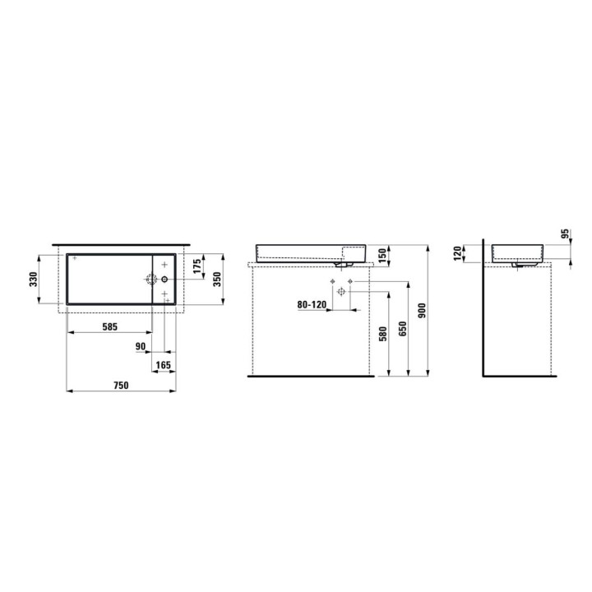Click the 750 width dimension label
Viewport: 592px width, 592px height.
click(121, 385)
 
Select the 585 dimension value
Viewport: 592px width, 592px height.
click(110, 326)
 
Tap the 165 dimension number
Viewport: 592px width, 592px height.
click(164, 365)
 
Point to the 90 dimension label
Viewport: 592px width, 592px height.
click(141, 346)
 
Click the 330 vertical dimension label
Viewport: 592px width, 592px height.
click(34, 279)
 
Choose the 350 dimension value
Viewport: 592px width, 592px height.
click(217, 279)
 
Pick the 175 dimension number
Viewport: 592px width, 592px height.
click(197, 266)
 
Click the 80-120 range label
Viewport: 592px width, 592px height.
click(312, 304)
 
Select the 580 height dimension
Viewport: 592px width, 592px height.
click(382, 335)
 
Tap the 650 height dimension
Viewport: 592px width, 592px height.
click(402, 329)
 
